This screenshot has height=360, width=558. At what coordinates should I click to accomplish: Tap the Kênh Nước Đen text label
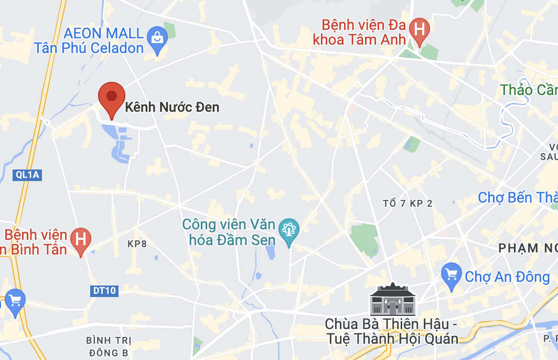pyautogui.click(x=172, y=108)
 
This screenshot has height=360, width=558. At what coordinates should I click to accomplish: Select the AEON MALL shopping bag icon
pyautogui.click(x=157, y=38)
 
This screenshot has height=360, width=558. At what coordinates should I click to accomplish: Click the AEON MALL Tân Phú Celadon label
pyautogui.click(x=89, y=41)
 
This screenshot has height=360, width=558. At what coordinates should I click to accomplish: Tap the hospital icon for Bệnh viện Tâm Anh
pyautogui.click(x=419, y=28)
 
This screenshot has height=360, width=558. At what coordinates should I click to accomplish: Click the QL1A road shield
pyautogui.click(x=27, y=175)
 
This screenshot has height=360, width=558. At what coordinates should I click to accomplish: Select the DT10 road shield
pyautogui.click(x=104, y=291)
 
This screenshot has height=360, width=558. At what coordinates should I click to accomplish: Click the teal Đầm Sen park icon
pyautogui.click(x=288, y=229)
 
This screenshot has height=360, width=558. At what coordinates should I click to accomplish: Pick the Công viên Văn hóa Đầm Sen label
pyautogui.click(x=229, y=232)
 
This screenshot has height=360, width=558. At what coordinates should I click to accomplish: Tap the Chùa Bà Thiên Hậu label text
pyautogui.click(x=391, y=331)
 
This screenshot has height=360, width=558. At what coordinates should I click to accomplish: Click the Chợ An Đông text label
pyautogui.click(x=507, y=277)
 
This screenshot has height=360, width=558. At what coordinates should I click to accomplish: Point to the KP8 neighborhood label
pyautogui.click(x=137, y=244)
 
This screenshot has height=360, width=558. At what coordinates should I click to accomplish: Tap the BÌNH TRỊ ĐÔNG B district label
pyautogui.click(x=109, y=347)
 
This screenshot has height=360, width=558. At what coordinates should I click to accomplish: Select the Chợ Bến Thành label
pyautogui.click(x=517, y=198)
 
